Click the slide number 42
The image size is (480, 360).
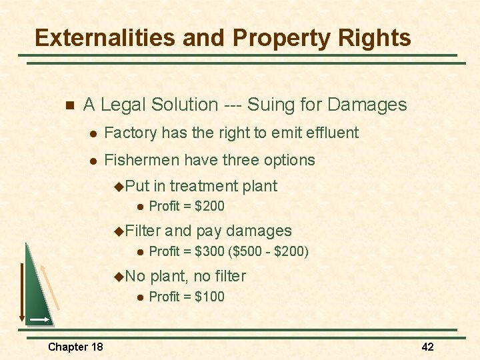point(427,347)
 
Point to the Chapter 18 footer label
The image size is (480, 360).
point(75,347)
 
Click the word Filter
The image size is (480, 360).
point(143,231)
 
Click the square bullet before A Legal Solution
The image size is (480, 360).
point(67,105)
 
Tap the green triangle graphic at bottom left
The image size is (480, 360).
point(37,293)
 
